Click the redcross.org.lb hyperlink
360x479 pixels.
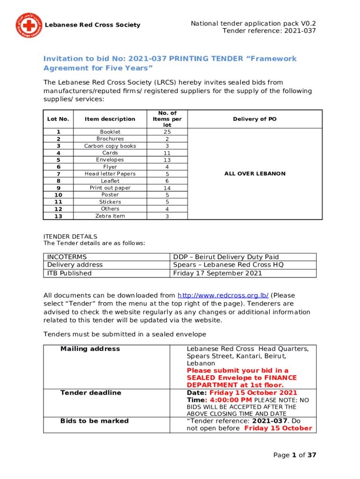(x=223, y=296)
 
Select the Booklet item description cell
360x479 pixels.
(x=110, y=132)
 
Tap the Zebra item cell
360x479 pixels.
(x=110, y=216)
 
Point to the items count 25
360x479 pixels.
(x=167, y=132)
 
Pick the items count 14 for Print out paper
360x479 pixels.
(x=167, y=188)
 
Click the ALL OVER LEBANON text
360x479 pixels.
(x=255, y=174)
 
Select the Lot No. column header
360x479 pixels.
(x=58, y=119)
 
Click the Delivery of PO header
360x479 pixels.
(x=255, y=119)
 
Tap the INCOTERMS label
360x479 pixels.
(x=66, y=257)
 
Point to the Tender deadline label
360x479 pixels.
(x=91, y=393)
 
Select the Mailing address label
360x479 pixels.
(x=90, y=349)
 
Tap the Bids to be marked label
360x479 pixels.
(x=94, y=421)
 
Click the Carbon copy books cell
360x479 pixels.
(x=110, y=146)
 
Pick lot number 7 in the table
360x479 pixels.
(x=58, y=174)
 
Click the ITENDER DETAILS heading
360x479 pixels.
(x=70, y=237)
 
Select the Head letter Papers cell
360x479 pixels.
(x=110, y=174)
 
